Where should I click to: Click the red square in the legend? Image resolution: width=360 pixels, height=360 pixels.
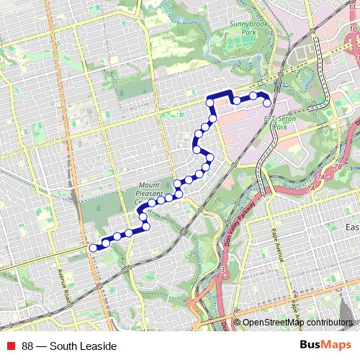11,346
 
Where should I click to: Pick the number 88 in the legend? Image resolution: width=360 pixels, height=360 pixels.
28,346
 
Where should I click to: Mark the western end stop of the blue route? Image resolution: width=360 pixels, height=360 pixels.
93,248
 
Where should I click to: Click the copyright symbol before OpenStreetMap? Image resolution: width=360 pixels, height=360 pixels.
237,323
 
